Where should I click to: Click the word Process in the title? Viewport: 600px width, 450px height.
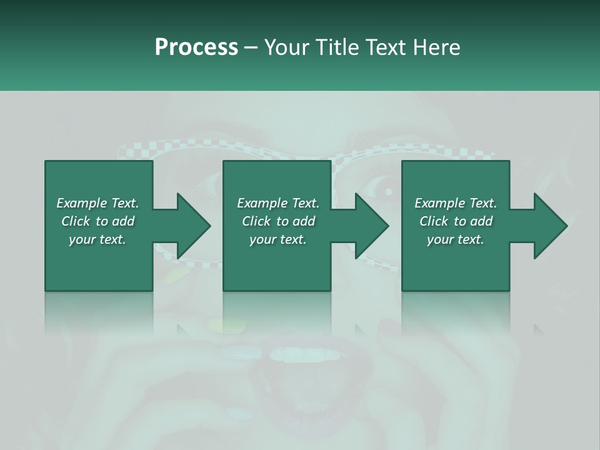click(x=196, y=47)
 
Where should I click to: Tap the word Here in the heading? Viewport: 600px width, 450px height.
click(x=437, y=47)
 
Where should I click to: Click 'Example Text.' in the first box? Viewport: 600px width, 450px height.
click(x=97, y=203)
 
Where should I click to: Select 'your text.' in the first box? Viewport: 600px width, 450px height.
click(x=97, y=239)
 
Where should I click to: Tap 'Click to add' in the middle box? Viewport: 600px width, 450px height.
click(x=278, y=221)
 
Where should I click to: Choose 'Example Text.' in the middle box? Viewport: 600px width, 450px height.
click(x=278, y=203)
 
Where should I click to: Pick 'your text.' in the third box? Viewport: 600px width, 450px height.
click(x=456, y=239)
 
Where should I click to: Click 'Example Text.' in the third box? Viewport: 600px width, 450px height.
click(x=456, y=203)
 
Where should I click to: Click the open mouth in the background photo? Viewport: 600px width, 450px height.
click(x=300, y=381)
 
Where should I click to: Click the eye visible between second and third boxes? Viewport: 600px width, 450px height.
click(x=382, y=191)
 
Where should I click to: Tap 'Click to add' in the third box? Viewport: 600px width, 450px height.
click(x=456, y=221)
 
